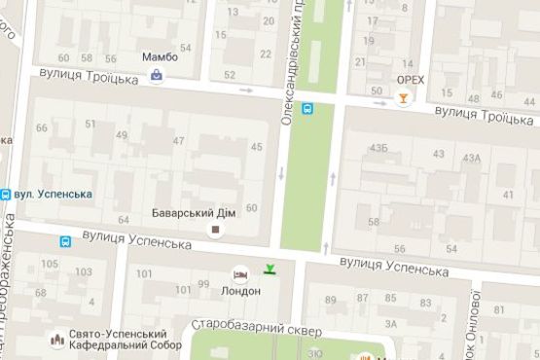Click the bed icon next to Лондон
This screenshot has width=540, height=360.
[240, 275]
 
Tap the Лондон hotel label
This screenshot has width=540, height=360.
[241, 291]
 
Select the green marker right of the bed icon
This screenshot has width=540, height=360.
[270, 270]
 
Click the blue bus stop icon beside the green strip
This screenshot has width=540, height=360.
[307, 109]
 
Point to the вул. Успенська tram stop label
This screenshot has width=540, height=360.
[54, 194]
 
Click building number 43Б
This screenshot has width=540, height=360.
[378, 147]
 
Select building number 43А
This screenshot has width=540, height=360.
[472, 158]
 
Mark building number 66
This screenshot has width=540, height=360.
[42, 128]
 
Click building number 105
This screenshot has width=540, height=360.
[49, 264]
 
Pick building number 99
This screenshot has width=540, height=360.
[203, 283]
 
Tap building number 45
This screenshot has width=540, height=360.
[257, 147]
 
